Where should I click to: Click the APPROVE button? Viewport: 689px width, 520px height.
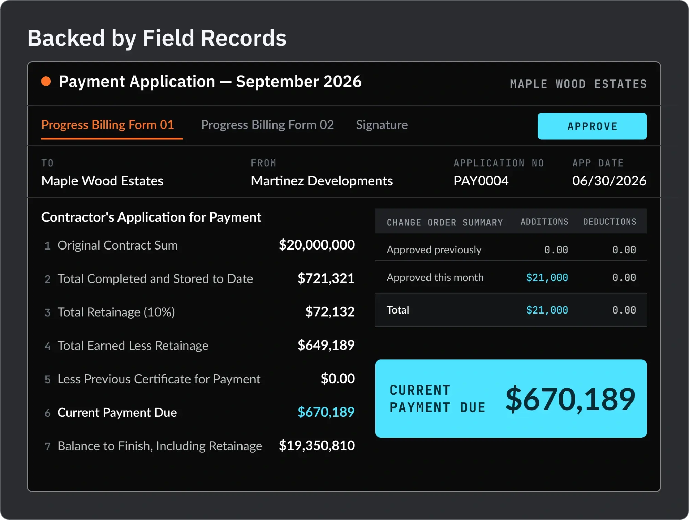(592, 126)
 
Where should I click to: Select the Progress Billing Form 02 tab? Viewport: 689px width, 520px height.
(267, 125)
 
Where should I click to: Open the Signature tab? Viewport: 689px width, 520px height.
(382, 125)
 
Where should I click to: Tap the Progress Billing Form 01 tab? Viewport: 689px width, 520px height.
(107, 125)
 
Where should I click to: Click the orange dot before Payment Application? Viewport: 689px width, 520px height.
(46, 82)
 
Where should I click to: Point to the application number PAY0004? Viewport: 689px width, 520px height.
(481, 181)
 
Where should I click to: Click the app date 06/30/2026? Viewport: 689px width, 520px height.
(609, 181)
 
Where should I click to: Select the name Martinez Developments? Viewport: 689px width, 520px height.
(322, 181)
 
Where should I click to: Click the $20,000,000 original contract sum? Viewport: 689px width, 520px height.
(317, 245)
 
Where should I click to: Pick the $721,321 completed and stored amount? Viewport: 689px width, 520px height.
(326, 278)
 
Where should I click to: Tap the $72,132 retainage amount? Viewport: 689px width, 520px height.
(330, 311)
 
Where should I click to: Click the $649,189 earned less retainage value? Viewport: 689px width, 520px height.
(326, 345)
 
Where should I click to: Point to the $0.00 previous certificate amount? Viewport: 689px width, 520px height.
(338, 378)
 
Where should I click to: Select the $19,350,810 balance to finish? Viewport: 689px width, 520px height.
(317, 445)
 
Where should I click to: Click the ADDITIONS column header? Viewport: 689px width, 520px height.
(544, 222)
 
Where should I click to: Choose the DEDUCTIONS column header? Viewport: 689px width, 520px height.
(609, 222)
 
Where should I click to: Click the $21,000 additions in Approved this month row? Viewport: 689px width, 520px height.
(547, 277)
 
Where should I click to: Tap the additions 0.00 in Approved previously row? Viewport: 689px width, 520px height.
(556, 250)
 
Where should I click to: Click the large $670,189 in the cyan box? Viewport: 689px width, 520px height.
(570, 399)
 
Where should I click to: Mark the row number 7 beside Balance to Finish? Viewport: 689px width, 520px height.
(48, 446)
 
